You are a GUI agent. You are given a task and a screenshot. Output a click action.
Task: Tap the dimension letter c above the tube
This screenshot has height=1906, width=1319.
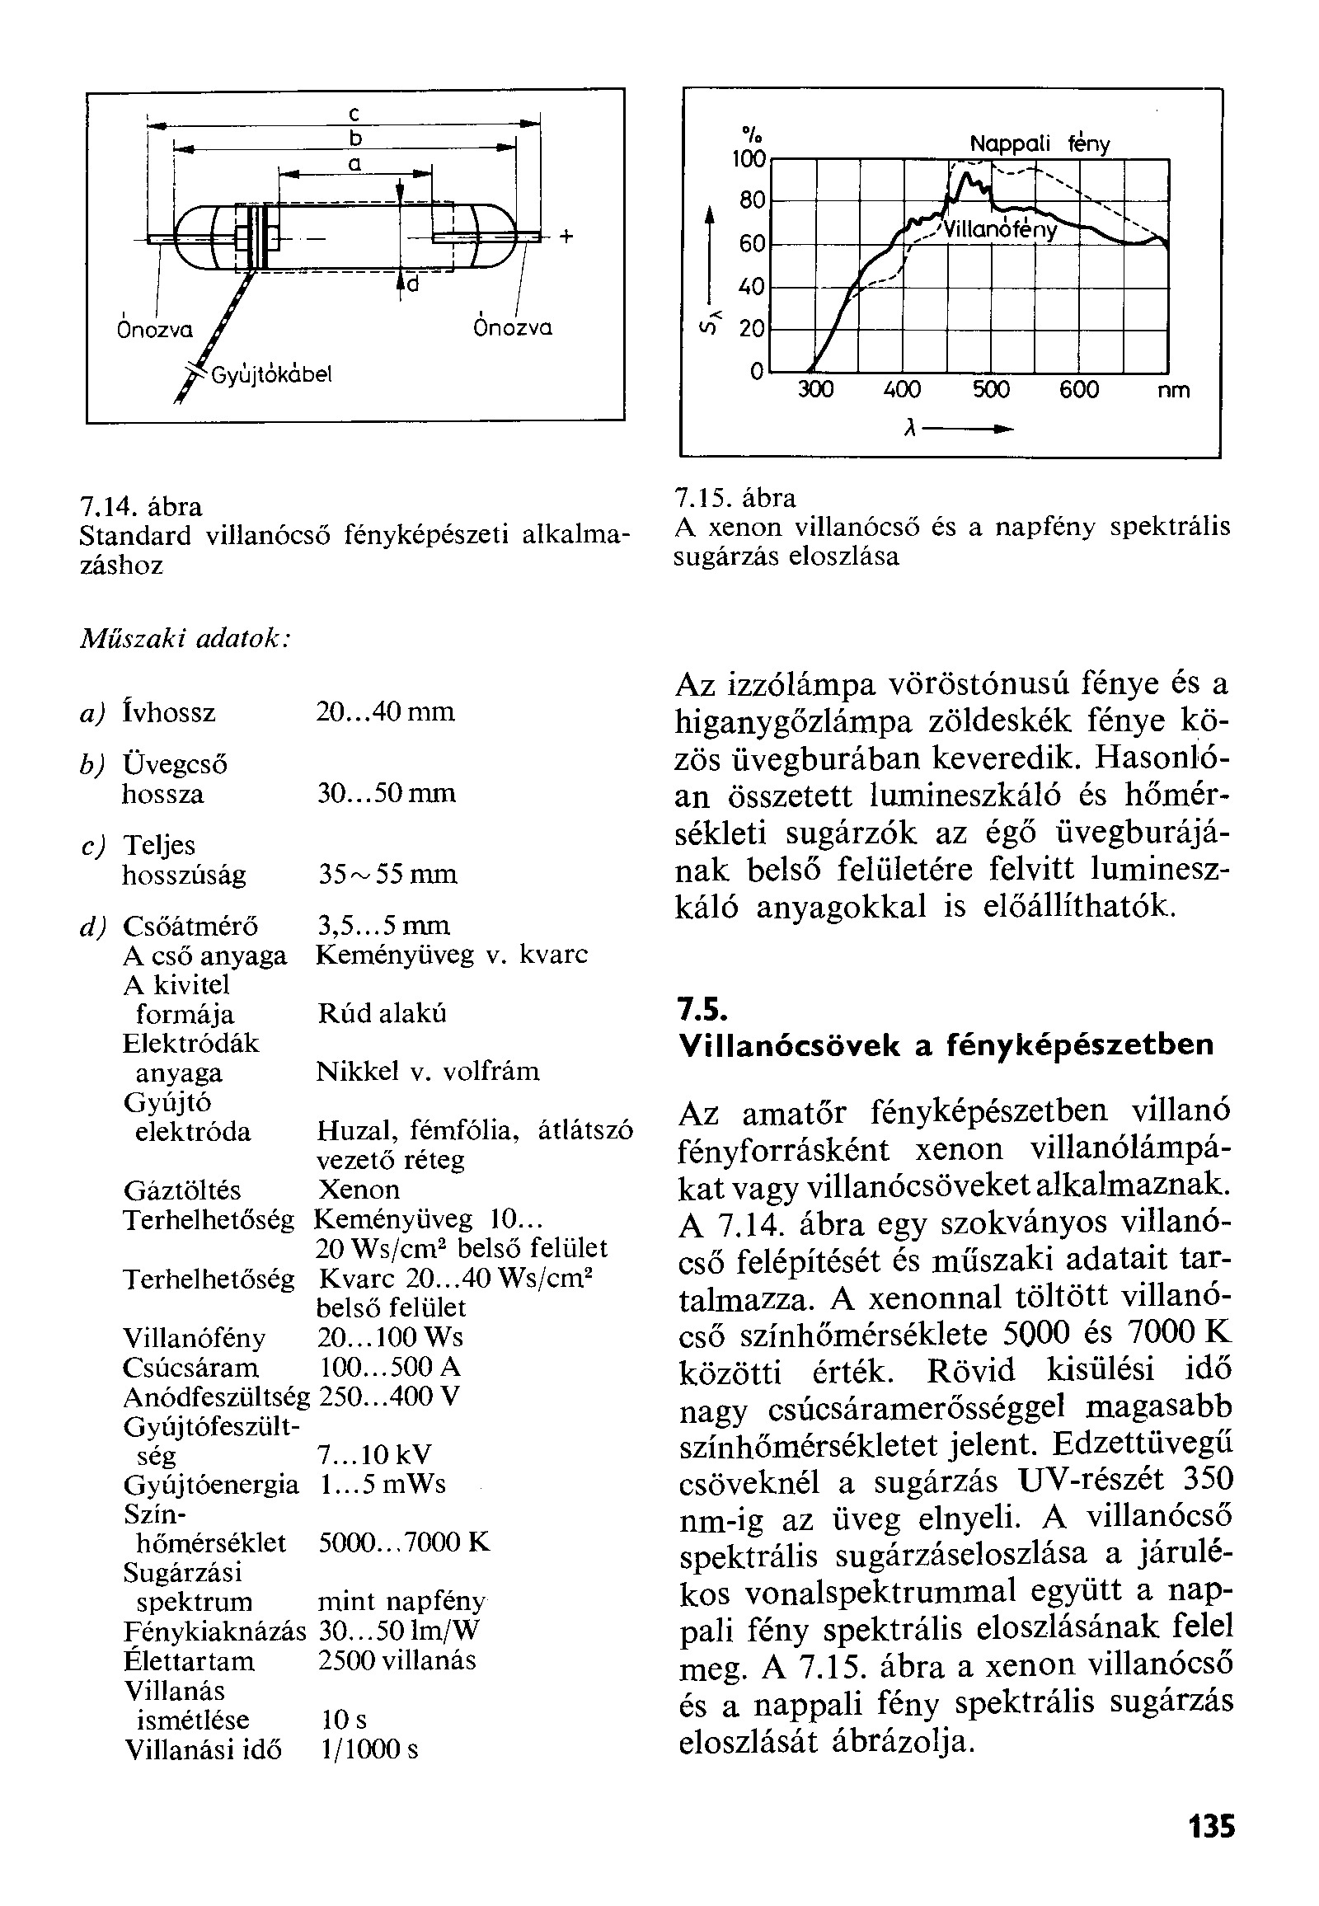pos(353,112)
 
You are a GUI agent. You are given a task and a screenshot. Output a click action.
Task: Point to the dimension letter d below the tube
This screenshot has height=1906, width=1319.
pos(412,284)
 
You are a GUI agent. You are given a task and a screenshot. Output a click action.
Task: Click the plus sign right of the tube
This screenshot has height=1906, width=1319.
pos(566,237)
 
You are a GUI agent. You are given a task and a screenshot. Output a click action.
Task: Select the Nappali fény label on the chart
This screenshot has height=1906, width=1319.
pos(1040,144)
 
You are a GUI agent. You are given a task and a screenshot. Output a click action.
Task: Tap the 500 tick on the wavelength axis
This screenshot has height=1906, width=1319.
pos(990,389)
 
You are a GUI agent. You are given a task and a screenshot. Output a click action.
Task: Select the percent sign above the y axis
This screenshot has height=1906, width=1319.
pos(751,133)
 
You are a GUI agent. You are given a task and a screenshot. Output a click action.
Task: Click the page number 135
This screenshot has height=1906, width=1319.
pos(1212,1825)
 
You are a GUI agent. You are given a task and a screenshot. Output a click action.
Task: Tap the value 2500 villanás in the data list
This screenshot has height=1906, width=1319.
pos(397,1660)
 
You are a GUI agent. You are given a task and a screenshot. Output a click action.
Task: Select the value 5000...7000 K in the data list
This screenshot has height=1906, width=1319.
pos(404,1542)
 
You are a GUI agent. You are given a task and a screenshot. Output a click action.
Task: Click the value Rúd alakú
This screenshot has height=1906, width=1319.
pos(382,1013)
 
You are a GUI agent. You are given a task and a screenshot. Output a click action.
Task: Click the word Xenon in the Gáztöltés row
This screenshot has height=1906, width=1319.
pos(359,1190)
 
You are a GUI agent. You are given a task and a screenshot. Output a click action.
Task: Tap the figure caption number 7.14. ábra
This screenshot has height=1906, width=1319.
pos(140,506)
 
